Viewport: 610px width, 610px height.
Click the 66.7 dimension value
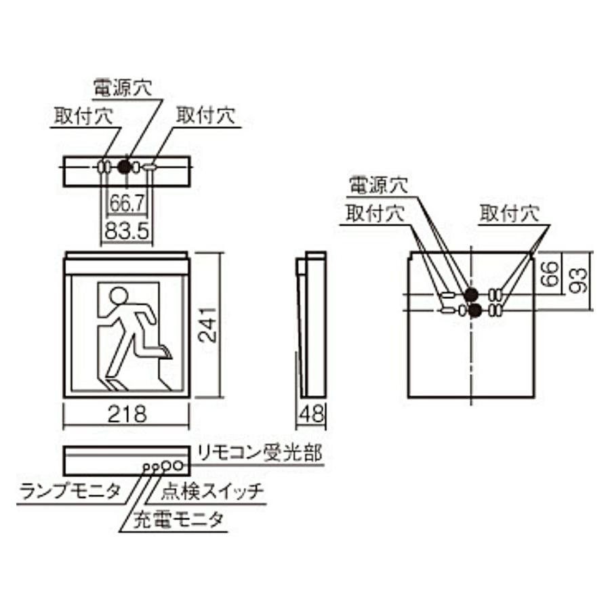point(126,203)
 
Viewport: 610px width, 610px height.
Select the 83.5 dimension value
point(126,230)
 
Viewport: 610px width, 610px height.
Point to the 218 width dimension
point(127,414)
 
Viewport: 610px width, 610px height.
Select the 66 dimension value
point(552,274)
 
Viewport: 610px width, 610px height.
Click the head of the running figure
point(119,296)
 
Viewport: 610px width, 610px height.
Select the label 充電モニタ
point(178,520)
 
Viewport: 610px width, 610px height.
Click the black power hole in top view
point(124,166)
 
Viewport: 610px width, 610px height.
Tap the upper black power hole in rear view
point(470,294)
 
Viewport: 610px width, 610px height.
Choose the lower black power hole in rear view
point(475,310)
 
